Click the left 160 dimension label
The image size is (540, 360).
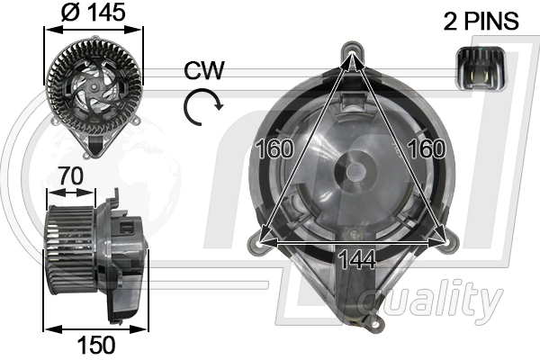274,148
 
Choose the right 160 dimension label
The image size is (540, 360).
427,148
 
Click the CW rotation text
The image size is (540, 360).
204,71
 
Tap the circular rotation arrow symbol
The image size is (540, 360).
202,108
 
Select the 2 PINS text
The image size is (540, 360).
481,21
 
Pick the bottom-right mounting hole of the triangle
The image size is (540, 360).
442,239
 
